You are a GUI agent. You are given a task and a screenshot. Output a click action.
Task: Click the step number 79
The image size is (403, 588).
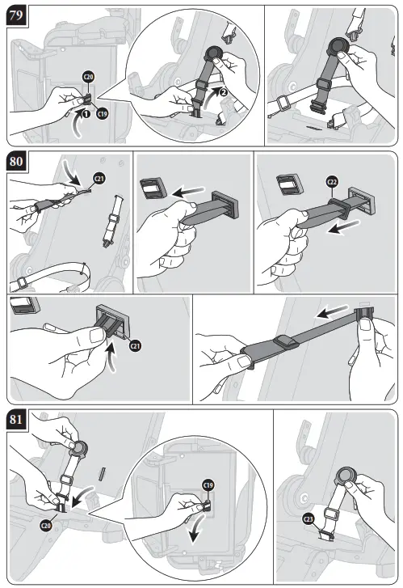[16, 16]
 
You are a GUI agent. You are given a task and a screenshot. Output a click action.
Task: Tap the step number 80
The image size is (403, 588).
[16, 161]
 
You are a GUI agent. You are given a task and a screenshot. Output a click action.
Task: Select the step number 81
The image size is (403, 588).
[16, 419]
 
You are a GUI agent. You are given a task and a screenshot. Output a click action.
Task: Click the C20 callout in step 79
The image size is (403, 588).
[88, 78]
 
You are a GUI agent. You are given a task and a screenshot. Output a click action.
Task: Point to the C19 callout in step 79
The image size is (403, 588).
[103, 113]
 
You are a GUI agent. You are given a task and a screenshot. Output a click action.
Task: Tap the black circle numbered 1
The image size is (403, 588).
[86, 113]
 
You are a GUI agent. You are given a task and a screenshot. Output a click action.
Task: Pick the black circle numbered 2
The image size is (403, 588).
[223, 91]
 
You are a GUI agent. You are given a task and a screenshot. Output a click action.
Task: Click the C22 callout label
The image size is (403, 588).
[332, 182]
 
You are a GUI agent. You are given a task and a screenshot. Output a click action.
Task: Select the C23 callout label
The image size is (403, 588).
[309, 519]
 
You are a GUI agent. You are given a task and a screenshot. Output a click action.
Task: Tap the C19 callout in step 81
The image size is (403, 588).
[208, 485]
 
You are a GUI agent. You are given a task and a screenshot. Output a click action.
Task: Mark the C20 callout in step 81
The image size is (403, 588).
[46, 526]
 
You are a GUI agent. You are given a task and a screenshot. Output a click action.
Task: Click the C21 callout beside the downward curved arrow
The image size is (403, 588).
[99, 179]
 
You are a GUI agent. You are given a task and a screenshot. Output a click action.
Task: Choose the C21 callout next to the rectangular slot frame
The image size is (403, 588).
[135, 345]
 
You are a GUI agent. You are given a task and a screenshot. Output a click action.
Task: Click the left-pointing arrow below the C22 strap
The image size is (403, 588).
[343, 227]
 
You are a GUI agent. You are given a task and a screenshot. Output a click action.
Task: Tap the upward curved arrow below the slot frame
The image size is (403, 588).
[111, 354]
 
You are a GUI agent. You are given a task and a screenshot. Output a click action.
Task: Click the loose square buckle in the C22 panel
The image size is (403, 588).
[288, 184]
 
